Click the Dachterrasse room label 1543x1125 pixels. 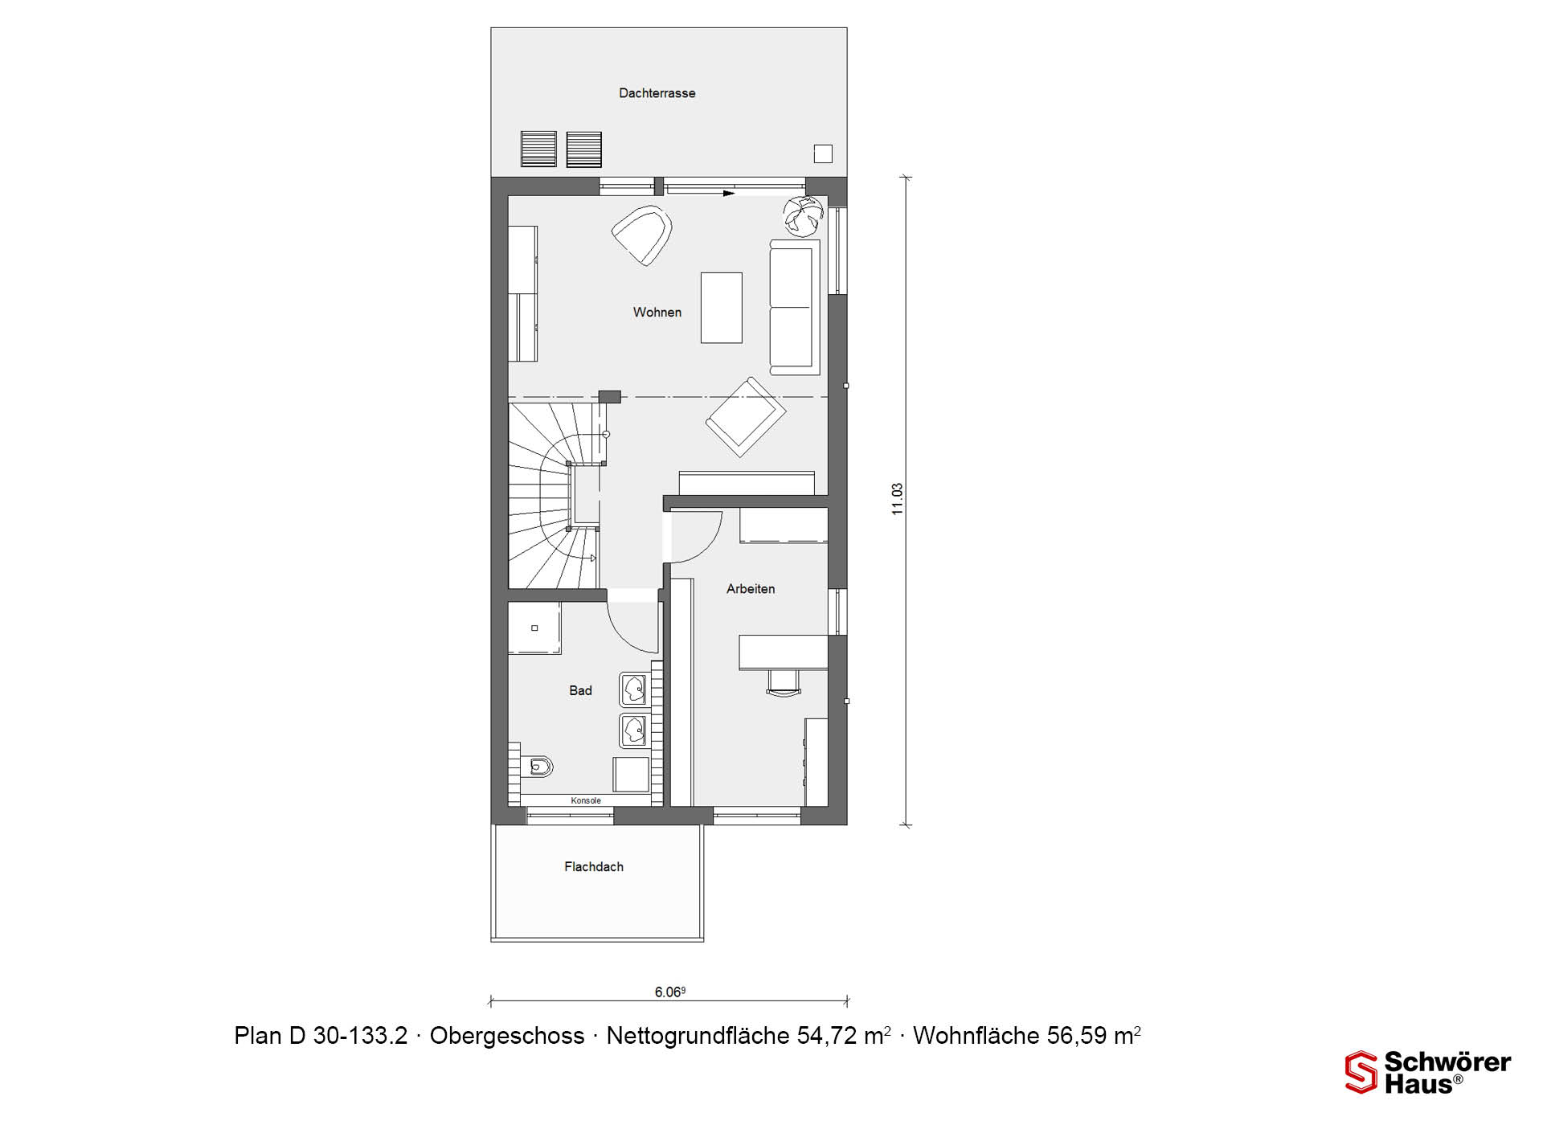[657, 93]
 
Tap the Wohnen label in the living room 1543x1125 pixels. [657, 313]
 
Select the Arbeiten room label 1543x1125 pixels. [751, 589]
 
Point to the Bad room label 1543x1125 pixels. [580, 690]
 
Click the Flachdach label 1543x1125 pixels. [594, 867]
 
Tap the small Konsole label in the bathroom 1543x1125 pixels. [586, 800]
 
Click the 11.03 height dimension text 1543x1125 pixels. [898, 499]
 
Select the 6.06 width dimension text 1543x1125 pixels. [669, 992]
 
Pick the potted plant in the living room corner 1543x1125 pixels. [804, 215]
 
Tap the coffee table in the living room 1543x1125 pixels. [721, 308]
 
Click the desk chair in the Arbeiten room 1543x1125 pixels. [784, 682]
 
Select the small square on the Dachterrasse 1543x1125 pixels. [823, 153]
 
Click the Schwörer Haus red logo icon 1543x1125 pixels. [1361, 1072]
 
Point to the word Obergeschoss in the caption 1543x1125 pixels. [507, 1036]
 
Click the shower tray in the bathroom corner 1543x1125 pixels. [534, 628]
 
